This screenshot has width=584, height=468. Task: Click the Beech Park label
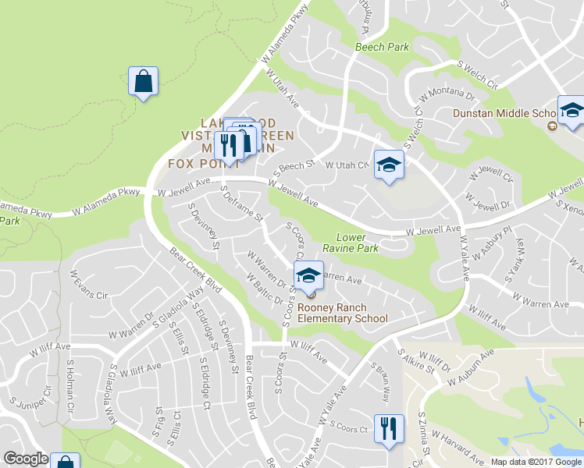[382, 47]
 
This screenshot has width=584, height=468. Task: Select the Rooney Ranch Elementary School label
[343, 313]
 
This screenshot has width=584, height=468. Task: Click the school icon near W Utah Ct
[388, 165]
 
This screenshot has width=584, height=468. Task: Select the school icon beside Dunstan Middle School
[572, 111]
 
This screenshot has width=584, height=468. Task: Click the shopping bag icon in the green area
[144, 81]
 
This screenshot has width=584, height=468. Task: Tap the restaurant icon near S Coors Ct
[388, 429]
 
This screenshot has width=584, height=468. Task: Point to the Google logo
[25, 459]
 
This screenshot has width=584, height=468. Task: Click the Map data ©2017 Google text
[536, 462]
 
